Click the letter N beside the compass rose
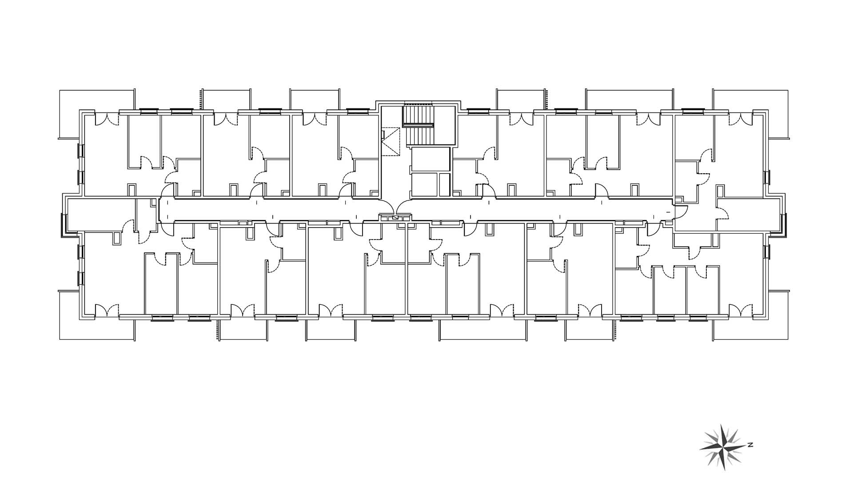tap(750, 444)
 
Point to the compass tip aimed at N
tap(746, 445)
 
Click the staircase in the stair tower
tap(418, 116)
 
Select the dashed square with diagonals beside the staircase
tap(391, 141)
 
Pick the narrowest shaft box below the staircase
tap(444, 184)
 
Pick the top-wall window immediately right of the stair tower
tap(476, 111)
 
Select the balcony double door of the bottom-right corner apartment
tap(741, 310)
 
